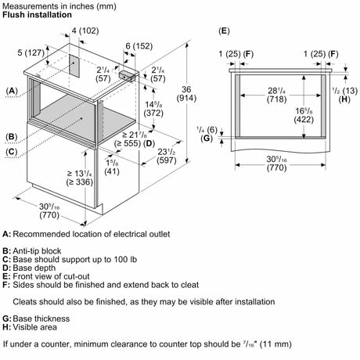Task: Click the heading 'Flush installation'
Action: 37,15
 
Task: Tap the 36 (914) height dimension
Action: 186,94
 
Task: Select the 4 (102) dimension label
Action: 85,31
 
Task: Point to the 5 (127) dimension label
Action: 31,52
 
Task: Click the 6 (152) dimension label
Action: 139,46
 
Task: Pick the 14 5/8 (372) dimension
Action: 153,109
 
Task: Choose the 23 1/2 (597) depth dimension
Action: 167,156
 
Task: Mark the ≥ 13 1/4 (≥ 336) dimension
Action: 80,178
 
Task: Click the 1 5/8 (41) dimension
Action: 112,167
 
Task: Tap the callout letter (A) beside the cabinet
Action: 12,91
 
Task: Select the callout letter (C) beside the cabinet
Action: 12,152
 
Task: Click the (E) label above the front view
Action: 224,31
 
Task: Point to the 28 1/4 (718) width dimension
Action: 276,95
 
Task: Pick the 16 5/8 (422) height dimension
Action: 304,115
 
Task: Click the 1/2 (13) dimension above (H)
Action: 345,91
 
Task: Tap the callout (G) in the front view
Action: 207,138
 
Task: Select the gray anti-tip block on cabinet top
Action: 129,76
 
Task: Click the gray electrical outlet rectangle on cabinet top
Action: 74,66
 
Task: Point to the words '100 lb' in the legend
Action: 125,259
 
